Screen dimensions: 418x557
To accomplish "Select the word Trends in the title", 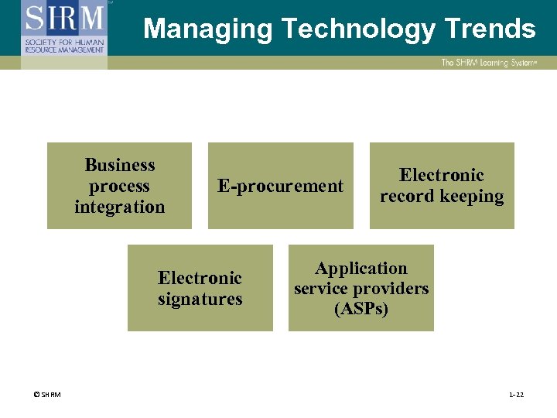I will (490, 29).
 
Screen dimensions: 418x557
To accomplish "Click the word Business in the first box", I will (120, 165).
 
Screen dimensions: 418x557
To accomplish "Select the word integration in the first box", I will (120, 207).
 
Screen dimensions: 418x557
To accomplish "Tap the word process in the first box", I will (119, 186).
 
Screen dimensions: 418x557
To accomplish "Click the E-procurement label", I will (280, 186).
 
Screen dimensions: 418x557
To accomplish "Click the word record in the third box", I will (406, 196).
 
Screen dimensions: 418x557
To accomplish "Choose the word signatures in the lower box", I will (200, 299).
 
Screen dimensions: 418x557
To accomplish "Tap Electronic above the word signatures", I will (200, 278).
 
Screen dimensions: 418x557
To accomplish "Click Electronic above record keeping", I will (442, 175).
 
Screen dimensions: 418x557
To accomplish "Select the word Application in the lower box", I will (361, 269).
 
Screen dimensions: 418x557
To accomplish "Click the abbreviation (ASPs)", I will (361, 309).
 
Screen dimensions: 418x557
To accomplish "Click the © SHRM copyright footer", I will (47, 395).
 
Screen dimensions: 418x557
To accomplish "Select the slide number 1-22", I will (516, 395).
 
